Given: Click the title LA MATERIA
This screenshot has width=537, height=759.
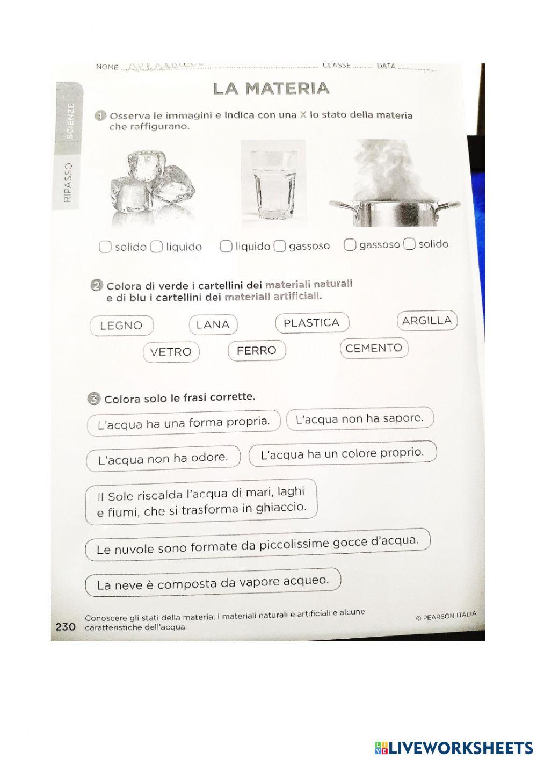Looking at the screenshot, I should pyautogui.click(x=271, y=89).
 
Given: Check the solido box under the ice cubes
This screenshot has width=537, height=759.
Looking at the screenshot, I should pyautogui.click(x=106, y=247).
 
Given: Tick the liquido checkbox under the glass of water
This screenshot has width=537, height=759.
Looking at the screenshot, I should pyautogui.click(x=227, y=246).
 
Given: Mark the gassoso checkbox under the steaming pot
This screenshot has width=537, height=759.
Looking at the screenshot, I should pyautogui.click(x=350, y=245).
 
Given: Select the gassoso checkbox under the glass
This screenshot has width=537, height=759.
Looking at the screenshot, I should pyautogui.click(x=280, y=246).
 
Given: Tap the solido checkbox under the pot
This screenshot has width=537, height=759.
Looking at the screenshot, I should pyautogui.click(x=410, y=244).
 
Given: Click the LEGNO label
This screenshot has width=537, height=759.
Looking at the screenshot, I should pyautogui.click(x=121, y=326).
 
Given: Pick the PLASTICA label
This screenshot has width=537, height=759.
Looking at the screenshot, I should pyautogui.click(x=311, y=323).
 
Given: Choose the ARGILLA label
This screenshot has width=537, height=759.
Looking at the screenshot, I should pyautogui.click(x=427, y=321).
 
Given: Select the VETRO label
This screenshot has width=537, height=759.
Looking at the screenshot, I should pyautogui.click(x=171, y=352).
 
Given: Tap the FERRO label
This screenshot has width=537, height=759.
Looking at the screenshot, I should pyautogui.click(x=257, y=351).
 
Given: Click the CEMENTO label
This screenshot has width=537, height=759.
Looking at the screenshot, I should pyautogui.click(x=374, y=348).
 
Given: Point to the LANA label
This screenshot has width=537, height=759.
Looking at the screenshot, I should pyautogui.click(x=213, y=324).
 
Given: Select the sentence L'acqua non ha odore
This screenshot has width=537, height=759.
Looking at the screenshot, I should pyautogui.click(x=163, y=459).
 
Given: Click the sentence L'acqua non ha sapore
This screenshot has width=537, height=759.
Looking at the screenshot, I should pyautogui.click(x=360, y=418).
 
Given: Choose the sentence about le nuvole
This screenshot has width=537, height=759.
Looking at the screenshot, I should pyautogui.click(x=257, y=546).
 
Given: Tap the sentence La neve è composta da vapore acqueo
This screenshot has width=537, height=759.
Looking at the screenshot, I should pyautogui.click(x=213, y=582).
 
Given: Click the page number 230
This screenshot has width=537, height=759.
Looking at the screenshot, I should pyautogui.click(x=66, y=626).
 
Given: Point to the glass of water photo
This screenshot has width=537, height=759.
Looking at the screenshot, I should pyautogui.click(x=273, y=183).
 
